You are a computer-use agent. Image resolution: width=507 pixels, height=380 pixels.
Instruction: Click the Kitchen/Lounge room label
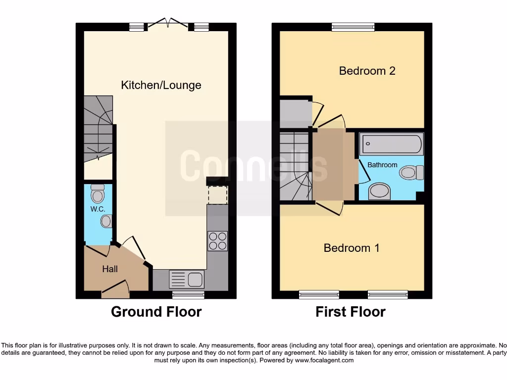pos(161,85)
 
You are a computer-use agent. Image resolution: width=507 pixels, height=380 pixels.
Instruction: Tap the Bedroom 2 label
pos(367,71)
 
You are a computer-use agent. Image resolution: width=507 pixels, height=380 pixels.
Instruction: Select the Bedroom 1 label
pos(352,248)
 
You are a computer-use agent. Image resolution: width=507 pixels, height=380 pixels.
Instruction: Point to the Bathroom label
pos(382,165)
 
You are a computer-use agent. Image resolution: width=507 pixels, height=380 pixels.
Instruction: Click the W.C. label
pos(97,209)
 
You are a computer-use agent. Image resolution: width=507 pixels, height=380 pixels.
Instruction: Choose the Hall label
pos(110,269)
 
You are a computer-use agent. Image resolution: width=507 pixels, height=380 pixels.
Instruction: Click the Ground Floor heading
pos(156,312)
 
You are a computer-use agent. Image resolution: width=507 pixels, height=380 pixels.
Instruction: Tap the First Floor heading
pos(351,312)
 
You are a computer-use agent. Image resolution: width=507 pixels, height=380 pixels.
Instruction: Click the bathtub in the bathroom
pos(391,144)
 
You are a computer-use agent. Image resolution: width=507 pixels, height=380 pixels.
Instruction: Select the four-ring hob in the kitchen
pos(218,241)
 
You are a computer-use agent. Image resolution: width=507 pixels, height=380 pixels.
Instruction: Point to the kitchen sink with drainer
pos(186,279)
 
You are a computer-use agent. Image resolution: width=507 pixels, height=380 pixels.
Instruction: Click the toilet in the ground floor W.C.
pos(98,194)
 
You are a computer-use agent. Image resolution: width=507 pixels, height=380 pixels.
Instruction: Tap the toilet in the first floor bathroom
pos(411,172)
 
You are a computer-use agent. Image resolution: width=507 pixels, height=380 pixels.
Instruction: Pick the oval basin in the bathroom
pos(380,191)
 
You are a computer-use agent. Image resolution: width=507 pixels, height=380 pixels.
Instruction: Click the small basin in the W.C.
pos(106,221)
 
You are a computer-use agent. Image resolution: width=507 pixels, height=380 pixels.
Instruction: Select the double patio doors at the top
pos(169,23)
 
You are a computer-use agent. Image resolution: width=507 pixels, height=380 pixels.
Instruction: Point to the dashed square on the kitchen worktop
pos(217,195)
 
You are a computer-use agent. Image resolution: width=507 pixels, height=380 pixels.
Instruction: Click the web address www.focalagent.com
pos(324,361)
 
